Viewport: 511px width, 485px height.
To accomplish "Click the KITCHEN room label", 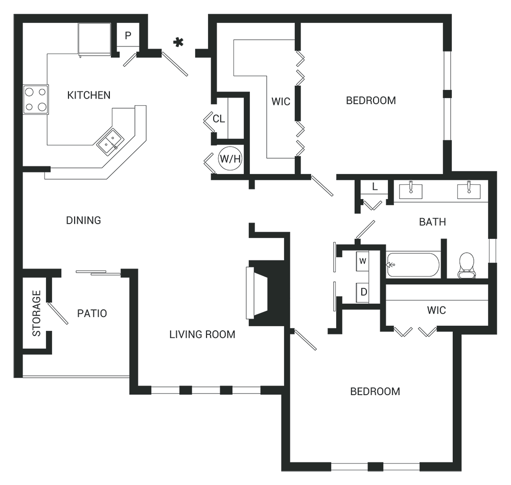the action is coord(88,95).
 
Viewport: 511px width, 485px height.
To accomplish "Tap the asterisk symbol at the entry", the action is coord(178,42).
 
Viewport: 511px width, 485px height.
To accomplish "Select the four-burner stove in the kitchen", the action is coord(36,99).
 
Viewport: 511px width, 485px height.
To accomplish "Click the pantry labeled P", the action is coord(128,35).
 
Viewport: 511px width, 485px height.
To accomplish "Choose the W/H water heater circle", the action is coord(230,159).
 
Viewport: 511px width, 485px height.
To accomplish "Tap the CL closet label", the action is coord(219,119).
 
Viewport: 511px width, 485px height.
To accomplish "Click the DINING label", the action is coord(83,221).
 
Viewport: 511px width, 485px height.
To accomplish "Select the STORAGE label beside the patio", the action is coord(36,313).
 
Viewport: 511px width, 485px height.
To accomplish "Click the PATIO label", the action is coord(92,313).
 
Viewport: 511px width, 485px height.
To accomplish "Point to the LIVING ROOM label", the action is coord(202,334).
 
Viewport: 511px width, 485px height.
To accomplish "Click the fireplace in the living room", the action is coord(264,293).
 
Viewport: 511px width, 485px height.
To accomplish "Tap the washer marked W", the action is coord(362,261).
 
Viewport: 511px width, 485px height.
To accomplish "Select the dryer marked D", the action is coord(363,293).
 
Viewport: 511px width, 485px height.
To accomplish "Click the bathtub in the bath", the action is coord(412,264).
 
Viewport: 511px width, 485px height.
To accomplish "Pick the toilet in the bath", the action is coord(467,265).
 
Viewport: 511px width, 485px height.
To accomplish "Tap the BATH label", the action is coord(432,222).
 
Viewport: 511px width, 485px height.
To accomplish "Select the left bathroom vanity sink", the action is coord(410,190).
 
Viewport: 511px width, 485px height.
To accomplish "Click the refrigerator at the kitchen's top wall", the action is coord(95,39).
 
